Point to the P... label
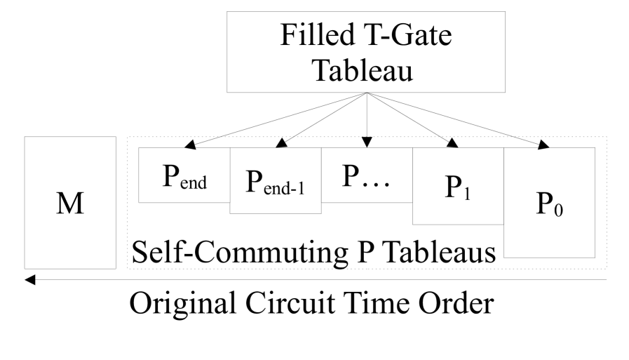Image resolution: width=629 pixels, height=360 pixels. [x=365, y=175]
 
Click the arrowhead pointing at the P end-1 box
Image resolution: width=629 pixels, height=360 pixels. [x=281, y=144]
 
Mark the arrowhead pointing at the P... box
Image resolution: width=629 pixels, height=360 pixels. [x=366, y=143]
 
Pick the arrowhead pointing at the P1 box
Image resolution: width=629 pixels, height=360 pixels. [x=452, y=144]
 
